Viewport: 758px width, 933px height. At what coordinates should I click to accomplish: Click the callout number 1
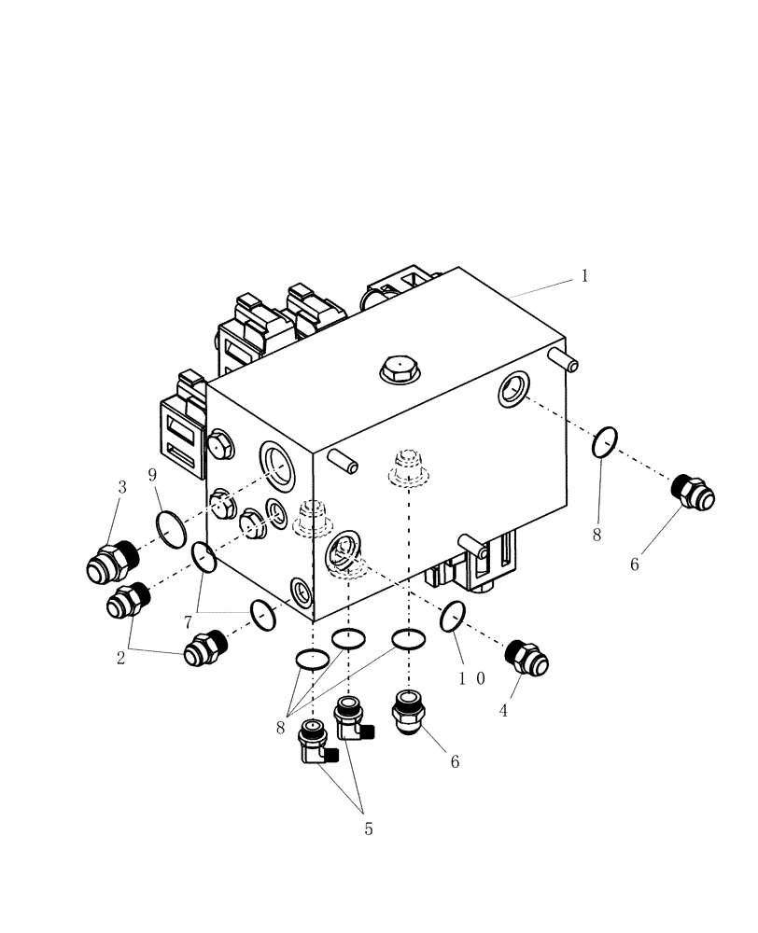[584, 276]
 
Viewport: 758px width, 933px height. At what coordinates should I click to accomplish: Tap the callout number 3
[122, 487]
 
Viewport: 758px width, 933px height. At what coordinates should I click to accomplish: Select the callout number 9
[152, 475]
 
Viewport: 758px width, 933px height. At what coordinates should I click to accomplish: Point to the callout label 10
[470, 678]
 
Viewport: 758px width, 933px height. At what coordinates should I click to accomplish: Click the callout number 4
[503, 710]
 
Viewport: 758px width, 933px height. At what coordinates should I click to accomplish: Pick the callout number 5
[368, 829]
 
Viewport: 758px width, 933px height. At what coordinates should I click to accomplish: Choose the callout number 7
[188, 621]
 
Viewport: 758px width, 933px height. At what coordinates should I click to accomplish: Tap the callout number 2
[120, 658]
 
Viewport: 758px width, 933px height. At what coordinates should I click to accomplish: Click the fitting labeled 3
[110, 563]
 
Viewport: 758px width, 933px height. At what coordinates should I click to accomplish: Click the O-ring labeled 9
[171, 530]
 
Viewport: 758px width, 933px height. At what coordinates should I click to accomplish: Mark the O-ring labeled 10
[453, 617]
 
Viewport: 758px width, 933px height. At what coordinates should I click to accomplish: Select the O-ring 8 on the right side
[606, 442]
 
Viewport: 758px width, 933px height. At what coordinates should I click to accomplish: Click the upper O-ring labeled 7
[204, 558]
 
